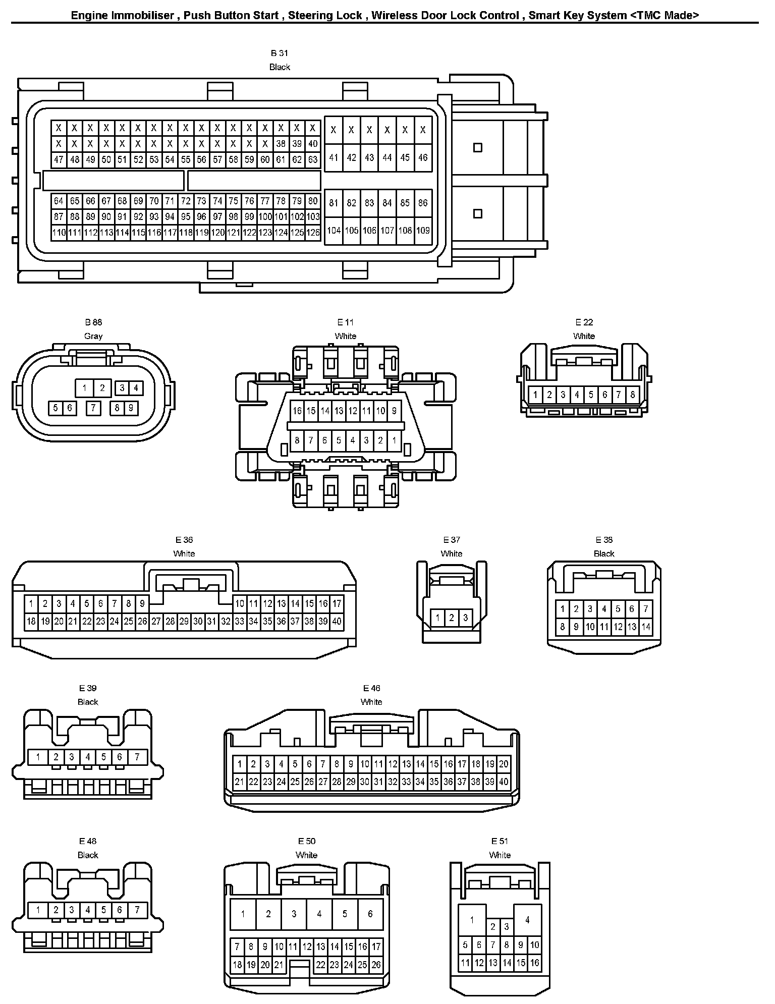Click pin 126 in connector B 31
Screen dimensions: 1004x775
(x=313, y=233)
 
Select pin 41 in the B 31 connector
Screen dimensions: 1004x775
(x=334, y=157)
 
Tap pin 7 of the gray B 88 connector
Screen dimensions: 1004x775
(x=93, y=408)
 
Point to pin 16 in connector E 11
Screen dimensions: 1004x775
(x=297, y=411)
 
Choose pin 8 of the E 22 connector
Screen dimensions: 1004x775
(x=633, y=395)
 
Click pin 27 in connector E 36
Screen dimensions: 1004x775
(x=156, y=621)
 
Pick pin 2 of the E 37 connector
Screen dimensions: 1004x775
(x=452, y=618)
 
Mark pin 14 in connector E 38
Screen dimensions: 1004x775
(x=646, y=628)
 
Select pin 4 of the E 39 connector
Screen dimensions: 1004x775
(x=88, y=757)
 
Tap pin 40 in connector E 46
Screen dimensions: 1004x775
(x=504, y=782)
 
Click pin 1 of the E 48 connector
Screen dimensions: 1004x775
(x=38, y=910)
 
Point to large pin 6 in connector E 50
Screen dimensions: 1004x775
(x=370, y=914)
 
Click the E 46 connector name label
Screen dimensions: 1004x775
(x=371, y=688)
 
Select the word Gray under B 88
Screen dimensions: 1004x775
(x=93, y=336)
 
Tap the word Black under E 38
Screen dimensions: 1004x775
(x=604, y=553)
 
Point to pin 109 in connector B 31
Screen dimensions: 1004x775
(x=423, y=231)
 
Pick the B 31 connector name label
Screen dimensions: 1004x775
(x=280, y=53)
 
